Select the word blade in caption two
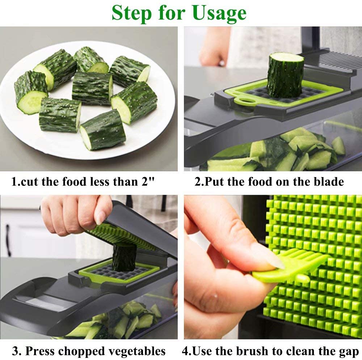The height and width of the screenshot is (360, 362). tap(325, 181)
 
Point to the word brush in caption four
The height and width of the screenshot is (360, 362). tap(254, 351)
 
